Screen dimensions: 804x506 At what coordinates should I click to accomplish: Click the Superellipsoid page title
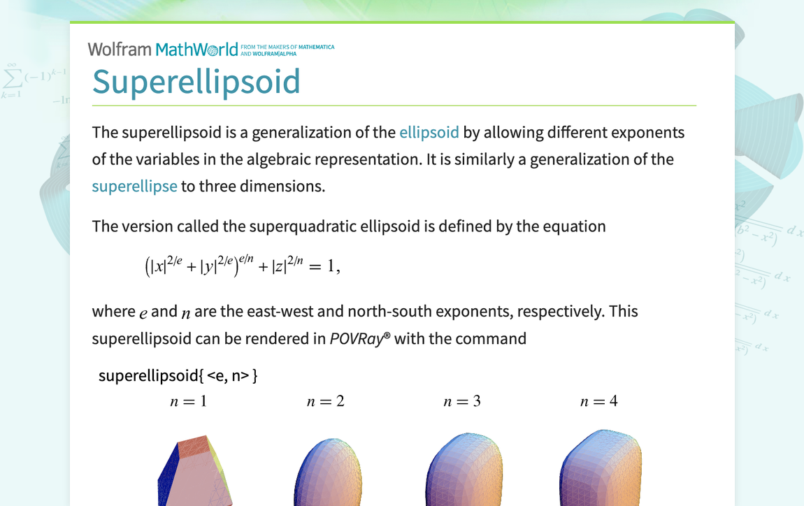pos(196,81)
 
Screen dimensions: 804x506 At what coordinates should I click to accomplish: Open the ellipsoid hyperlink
pos(429,132)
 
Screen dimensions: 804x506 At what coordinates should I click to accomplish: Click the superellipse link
pos(134,186)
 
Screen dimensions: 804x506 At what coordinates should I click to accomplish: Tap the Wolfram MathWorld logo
pos(163,49)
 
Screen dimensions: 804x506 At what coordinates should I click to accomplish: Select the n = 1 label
pos(189,401)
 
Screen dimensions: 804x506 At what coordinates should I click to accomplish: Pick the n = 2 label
pos(326,401)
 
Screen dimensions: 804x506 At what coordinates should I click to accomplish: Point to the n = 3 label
pos(462,401)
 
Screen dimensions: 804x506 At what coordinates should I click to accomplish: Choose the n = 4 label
pos(599,401)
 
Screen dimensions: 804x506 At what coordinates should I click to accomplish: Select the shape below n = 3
pos(464,472)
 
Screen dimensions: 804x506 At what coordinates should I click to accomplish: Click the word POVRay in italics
pos(357,339)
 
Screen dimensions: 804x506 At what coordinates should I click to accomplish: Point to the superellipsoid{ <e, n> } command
pos(178,375)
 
